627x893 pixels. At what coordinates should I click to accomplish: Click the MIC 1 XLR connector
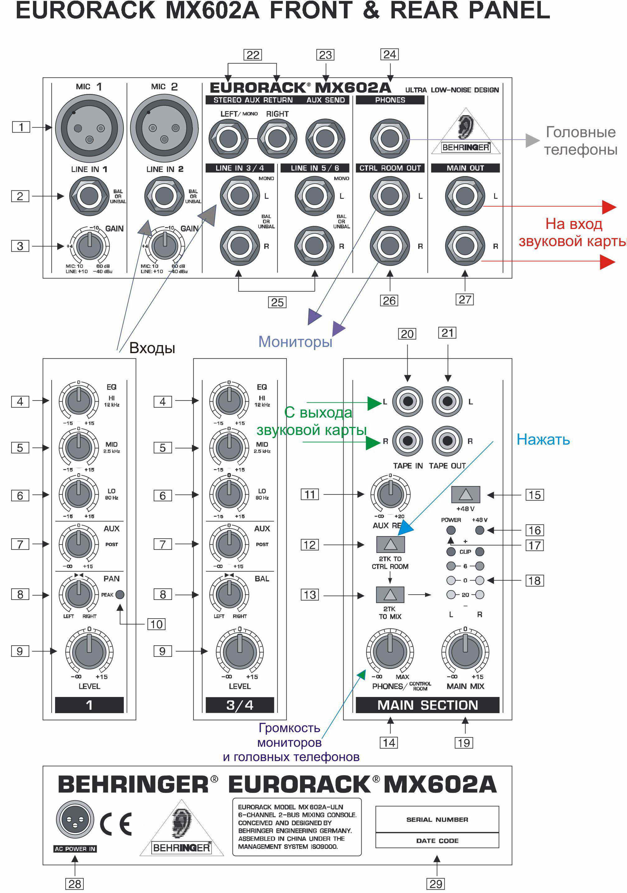[x=89, y=128]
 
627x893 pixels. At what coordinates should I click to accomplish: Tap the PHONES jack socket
[x=390, y=139]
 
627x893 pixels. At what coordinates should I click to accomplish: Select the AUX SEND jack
[x=325, y=138]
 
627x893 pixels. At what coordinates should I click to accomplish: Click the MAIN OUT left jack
[x=465, y=196]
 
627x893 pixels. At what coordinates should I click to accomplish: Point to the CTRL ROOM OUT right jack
[x=390, y=246]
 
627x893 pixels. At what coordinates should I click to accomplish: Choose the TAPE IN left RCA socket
[x=407, y=401]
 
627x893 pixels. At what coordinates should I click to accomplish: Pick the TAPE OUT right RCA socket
[x=447, y=441]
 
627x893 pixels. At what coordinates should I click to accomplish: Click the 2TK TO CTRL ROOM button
[x=390, y=544]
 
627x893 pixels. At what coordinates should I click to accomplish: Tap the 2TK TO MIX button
[x=390, y=594]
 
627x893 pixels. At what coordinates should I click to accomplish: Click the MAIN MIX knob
[x=465, y=652]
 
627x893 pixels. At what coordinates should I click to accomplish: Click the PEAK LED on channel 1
[x=120, y=594]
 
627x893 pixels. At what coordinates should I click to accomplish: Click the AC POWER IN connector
[x=75, y=819]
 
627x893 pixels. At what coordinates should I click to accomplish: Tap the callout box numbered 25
[x=277, y=302]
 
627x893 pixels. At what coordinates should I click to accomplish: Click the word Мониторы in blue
[x=295, y=342]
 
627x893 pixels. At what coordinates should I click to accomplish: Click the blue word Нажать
[x=543, y=439]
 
